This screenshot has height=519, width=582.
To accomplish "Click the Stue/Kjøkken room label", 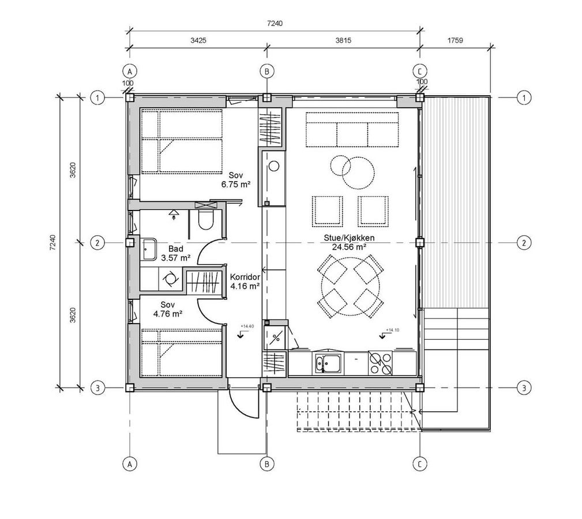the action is (349, 238).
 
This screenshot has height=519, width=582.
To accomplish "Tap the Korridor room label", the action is (245, 277).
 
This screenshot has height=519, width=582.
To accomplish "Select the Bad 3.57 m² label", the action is (175, 253).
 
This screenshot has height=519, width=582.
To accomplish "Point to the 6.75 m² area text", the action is (236, 184).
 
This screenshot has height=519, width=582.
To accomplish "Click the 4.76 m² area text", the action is (167, 314).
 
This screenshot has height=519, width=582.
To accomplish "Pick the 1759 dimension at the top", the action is (455, 40).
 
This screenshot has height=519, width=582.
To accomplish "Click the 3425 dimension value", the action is (198, 40).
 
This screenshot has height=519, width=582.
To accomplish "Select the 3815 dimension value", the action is (343, 40).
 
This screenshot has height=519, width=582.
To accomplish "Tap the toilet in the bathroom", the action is (205, 220).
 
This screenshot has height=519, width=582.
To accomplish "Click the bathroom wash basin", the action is (149, 249).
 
